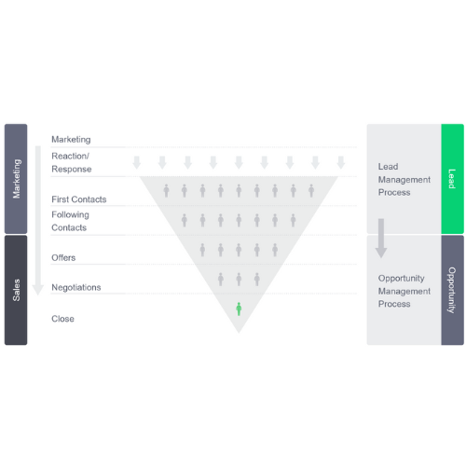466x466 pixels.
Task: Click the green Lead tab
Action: coord(452,179)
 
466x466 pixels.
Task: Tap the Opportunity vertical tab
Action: coord(452,290)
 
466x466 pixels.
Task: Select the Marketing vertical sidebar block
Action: coord(16,179)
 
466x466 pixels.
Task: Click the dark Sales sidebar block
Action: coord(16,290)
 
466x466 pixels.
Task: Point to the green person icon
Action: coord(239,308)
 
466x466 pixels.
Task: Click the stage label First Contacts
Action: coord(79,199)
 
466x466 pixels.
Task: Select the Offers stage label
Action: coord(63,257)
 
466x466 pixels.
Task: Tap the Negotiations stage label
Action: coord(76,287)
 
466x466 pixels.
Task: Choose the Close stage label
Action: coord(62,319)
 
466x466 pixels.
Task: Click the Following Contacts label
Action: coord(70,221)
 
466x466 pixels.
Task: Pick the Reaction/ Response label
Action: coord(72,162)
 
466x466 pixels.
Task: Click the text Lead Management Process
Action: coord(404,179)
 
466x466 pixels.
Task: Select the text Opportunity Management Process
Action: coord(404,291)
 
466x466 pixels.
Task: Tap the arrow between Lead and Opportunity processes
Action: coord(381,238)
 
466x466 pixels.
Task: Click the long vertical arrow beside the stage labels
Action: coord(38,220)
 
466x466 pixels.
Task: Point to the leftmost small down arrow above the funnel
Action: coord(137,162)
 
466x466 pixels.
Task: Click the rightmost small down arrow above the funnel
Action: coord(341,162)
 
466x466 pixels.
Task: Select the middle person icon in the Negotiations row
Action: coord(239,279)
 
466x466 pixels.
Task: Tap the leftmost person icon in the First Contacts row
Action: coord(166,190)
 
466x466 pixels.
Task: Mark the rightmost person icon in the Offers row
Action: coord(275,250)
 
